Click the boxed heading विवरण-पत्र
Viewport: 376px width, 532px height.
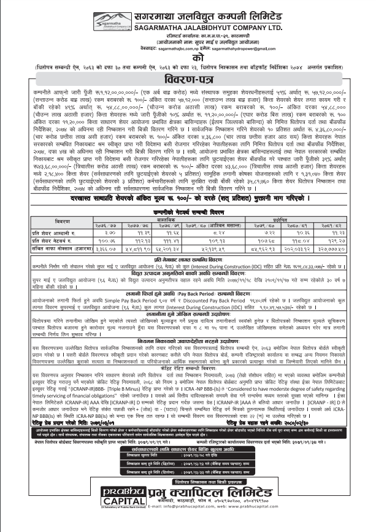pyautogui.click(x=188, y=80)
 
